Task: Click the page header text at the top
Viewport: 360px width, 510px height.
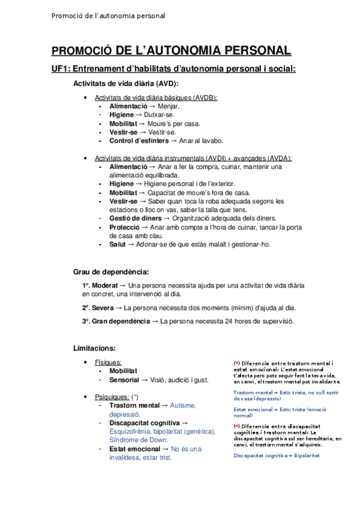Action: (108, 16)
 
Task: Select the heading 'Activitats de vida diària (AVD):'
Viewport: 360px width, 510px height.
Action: (126, 84)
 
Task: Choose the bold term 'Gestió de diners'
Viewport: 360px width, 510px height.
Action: (135, 218)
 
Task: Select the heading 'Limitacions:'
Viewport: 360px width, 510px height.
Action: (94, 348)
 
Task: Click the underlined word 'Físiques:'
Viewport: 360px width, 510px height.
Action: (108, 363)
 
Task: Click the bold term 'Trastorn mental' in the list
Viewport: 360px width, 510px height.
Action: (134, 406)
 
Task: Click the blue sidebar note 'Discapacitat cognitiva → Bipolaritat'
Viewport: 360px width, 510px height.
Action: (276, 455)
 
